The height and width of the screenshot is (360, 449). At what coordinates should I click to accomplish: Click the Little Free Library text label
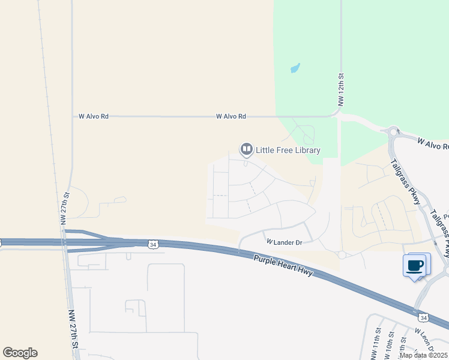pos(288,150)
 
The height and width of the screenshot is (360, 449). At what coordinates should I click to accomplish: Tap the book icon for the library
pos(246,149)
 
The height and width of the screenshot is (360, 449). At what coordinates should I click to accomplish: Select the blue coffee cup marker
pos(415,265)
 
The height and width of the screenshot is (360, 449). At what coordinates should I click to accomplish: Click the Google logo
pos(20,352)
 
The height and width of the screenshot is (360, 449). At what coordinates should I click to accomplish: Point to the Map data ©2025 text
pos(424,355)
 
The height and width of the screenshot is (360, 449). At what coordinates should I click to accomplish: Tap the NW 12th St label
pos(340,90)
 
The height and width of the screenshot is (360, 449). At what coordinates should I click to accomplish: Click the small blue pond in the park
pos(295,68)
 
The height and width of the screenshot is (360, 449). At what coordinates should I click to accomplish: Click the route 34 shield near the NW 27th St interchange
pos(153,244)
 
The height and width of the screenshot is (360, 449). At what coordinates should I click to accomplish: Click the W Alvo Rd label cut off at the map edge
pos(433,145)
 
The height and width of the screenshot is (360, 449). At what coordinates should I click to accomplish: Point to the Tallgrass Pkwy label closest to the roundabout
pos(405,179)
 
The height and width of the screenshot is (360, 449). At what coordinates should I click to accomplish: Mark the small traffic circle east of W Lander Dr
pos(342,255)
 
